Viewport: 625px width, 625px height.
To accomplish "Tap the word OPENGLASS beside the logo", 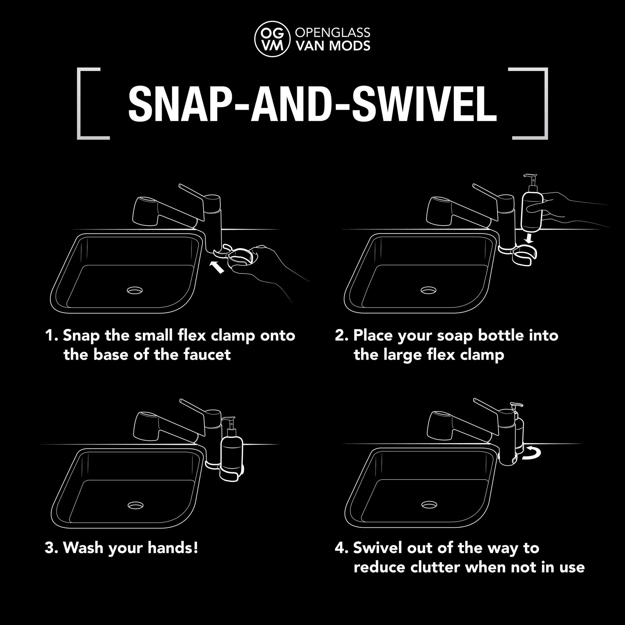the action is [333, 32].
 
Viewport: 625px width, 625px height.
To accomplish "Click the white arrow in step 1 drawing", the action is [217, 267].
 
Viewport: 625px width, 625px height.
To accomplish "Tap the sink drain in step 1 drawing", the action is [135, 290].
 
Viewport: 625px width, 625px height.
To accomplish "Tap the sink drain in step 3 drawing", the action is [136, 505].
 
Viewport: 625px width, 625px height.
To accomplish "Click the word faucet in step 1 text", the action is [207, 355].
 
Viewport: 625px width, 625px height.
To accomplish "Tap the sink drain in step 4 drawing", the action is [429, 504].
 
